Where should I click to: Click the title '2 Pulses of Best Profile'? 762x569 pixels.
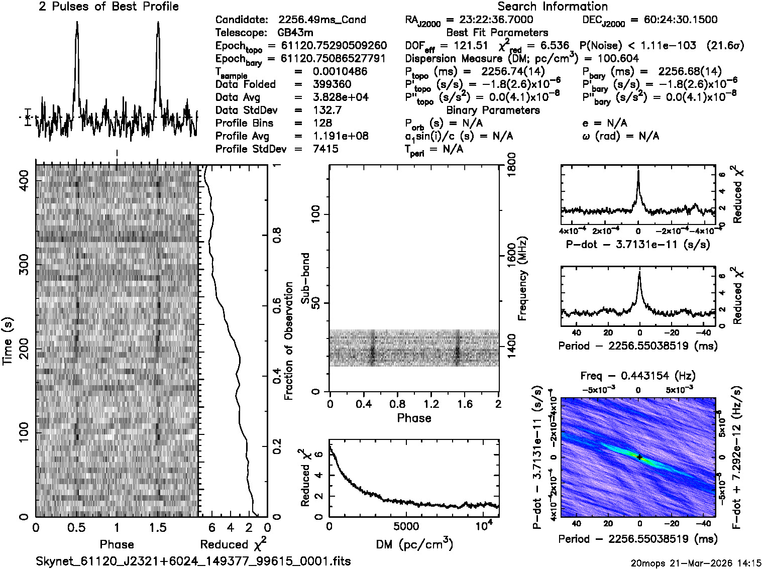(108, 7)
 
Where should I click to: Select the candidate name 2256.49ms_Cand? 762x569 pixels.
(322, 20)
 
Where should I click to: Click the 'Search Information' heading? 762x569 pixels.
(553, 7)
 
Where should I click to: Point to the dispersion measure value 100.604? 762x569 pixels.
(612, 58)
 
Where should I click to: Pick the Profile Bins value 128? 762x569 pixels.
(322, 123)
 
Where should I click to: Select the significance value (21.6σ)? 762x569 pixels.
(725, 46)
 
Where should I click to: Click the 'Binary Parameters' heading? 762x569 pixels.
(493, 110)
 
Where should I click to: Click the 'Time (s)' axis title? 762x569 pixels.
(8, 341)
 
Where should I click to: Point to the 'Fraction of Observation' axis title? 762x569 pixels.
(288, 341)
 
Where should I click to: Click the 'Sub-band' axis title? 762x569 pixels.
(305, 278)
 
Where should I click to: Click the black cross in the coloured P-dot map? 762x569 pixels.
(639, 457)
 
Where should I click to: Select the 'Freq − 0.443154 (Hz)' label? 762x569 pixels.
(638, 376)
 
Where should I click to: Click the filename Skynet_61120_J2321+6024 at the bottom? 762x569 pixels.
(193, 561)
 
